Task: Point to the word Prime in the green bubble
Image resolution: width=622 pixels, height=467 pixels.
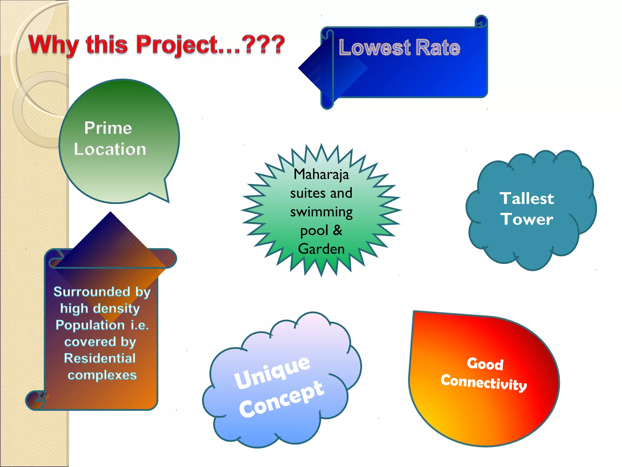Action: [108, 128]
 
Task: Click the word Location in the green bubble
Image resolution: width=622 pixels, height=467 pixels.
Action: [110, 149]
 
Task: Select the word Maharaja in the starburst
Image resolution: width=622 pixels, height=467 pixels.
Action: [321, 175]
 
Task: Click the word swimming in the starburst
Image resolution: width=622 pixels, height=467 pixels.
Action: [321, 212]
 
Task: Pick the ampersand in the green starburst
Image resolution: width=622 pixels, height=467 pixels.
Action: [337, 230]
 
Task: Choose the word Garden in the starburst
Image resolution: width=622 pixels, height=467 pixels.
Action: [321, 249]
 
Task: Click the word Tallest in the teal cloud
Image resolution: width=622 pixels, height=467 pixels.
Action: [527, 199]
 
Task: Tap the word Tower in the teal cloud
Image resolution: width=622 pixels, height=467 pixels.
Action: [527, 219]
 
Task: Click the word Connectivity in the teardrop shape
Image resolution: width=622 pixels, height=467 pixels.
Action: [484, 382]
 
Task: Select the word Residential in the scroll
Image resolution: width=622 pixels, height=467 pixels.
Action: [100, 358]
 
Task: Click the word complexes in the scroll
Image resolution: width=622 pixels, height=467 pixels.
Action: [102, 375]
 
